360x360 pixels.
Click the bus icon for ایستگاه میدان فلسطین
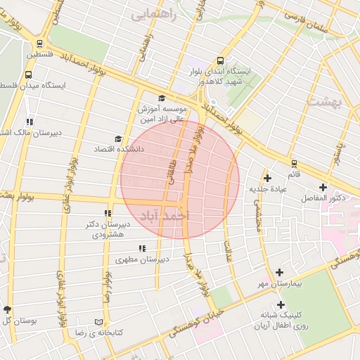[29, 74]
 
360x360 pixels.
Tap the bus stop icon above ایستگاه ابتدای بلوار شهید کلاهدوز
[221, 60]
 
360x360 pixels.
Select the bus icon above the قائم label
[293, 164]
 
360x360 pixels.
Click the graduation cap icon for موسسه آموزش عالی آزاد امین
[161, 98]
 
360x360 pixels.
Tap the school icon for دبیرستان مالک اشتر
[29, 122]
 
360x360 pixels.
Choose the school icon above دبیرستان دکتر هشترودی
[108, 214]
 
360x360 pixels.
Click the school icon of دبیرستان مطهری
[143, 248]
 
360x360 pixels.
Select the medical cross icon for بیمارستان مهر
[280, 272]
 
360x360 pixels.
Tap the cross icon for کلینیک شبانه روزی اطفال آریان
[281, 305]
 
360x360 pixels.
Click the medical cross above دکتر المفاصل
[323, 187]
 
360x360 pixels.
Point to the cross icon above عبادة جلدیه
[267, 178]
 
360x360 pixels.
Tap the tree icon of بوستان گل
[8, 309]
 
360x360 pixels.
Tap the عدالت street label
[229, 250]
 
